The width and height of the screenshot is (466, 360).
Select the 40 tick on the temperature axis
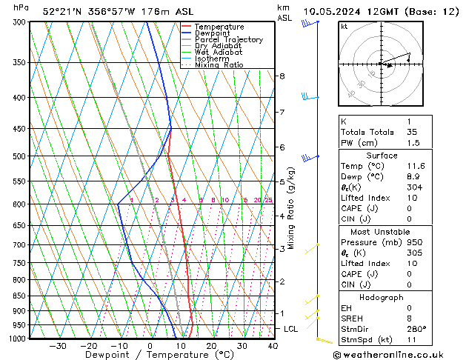tap(273, 346)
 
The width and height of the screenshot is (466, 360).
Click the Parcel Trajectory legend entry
tap(228, 40)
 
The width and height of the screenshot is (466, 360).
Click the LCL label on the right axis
tap(291, 328)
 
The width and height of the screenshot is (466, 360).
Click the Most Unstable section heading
tap(382, 232)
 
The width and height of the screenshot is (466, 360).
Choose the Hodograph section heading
tap(382, 297)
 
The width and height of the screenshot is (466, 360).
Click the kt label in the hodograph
tap(344, 27)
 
